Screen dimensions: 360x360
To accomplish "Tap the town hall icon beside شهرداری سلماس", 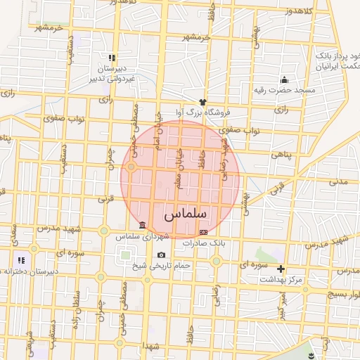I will (x=143, y=225).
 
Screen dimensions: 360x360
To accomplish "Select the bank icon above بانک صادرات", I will (x=204, y=232).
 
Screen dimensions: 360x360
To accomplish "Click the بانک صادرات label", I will (x=202, y=243).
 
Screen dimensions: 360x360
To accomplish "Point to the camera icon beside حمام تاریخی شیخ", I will (x=162, y=255).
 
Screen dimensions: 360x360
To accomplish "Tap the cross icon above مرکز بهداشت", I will (x=281, y=269).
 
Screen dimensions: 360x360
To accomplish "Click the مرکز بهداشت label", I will (x=281, y=279).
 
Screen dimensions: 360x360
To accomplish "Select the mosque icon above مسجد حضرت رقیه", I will (x=284, y=80).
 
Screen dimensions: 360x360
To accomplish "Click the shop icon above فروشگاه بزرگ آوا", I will (x=202, y=102).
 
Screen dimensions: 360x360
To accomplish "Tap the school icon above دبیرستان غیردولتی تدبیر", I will (x=111, y=58).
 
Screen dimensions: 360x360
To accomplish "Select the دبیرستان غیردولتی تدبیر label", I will (x=112, y=74).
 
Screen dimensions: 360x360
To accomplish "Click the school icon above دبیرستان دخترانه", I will (x=20, y=261).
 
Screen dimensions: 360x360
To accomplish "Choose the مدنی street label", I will (x=338, y=181).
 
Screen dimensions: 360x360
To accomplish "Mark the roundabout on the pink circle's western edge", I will (x=131, y=167).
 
